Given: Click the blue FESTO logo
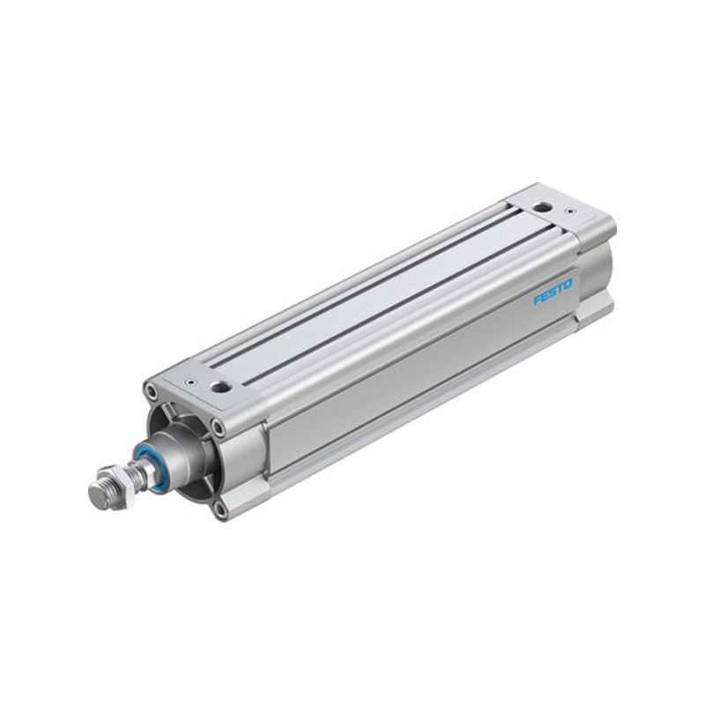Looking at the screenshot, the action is tap(553, 293).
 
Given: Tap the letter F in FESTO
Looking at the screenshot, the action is tap(538, 301).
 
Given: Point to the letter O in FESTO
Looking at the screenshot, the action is tap(568, 285).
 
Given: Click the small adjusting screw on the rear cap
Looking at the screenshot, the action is tap(570, 210).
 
